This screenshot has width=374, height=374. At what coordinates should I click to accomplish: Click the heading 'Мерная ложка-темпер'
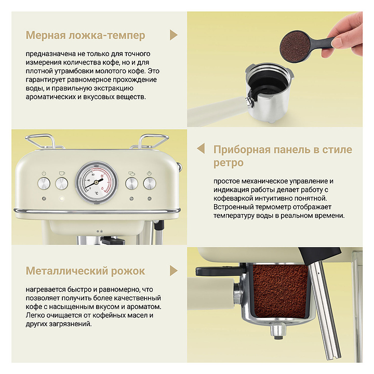click(85, 35)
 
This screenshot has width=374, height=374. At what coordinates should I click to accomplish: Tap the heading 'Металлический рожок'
click(85, 271)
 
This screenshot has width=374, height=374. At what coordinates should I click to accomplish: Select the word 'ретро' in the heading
click(229, 163)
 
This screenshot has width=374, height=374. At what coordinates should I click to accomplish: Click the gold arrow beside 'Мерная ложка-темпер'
click(173, 35)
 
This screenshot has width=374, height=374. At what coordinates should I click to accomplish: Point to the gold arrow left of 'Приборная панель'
click(201, 149)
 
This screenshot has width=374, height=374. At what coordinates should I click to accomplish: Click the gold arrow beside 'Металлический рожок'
click(173, 271)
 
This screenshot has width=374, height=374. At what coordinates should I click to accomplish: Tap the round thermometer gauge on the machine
click(97, 181)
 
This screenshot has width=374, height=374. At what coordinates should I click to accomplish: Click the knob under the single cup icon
click(61, 184)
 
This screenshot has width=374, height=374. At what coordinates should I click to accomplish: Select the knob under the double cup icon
click(131, 184)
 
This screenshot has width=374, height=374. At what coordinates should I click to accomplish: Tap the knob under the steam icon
click(150, 184)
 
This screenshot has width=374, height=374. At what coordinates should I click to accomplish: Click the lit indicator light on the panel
click(62, 198)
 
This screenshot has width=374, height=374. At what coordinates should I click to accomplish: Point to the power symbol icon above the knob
click(44, 173)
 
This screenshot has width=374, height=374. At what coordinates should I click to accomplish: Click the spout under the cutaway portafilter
click(278, 331)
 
